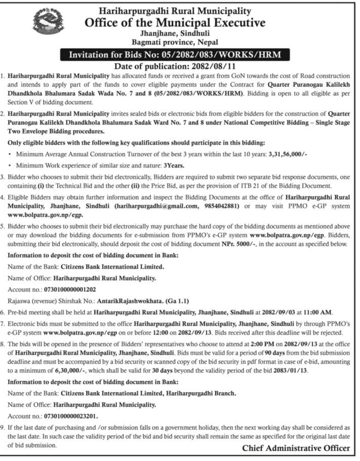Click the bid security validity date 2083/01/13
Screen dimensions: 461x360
[x=307, y=370]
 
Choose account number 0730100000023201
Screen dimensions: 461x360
[x=68, y=416]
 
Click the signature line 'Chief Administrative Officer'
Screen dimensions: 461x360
[x=296, y=448]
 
